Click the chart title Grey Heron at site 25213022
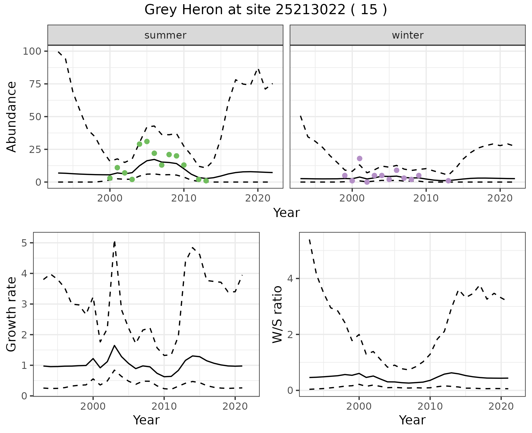coord(265,10)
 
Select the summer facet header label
coord(165,35)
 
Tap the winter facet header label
coord(407,35)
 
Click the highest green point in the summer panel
coord(147,142)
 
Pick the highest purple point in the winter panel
coord(360,158)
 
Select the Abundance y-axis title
coord(12,117)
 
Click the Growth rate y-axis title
coord(12,314)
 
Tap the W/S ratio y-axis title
coord(277,314)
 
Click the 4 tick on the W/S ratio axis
coord(290,278)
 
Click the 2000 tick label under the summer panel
coord(110,198)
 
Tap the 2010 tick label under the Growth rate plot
coord(164,406)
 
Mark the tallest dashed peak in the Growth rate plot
coord(114,242)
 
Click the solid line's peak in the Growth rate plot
coord(114,346)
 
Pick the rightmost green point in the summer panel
coord(206,181)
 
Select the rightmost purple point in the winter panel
coord(448,181)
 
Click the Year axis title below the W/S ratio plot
coord(412,420)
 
